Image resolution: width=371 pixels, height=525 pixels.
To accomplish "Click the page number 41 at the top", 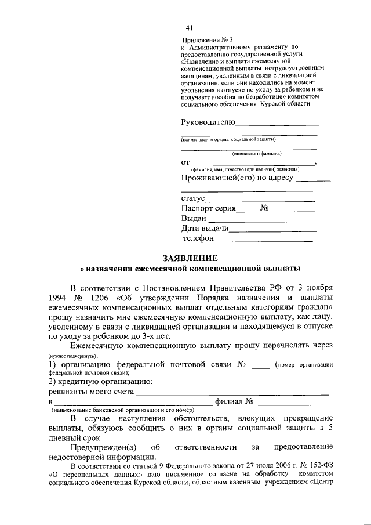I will [x=189, y=27].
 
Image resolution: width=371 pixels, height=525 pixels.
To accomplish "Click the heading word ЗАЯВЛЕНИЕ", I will [x=190, y=258].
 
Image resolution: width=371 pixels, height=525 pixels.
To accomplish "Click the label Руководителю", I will [x=208, y=121].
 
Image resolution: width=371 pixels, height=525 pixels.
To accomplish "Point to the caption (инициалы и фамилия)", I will [x=257, y=154].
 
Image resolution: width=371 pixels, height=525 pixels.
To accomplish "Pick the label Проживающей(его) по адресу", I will [x=237, y=178].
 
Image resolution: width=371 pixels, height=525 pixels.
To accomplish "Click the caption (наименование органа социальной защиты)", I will [x=228, y=139].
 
